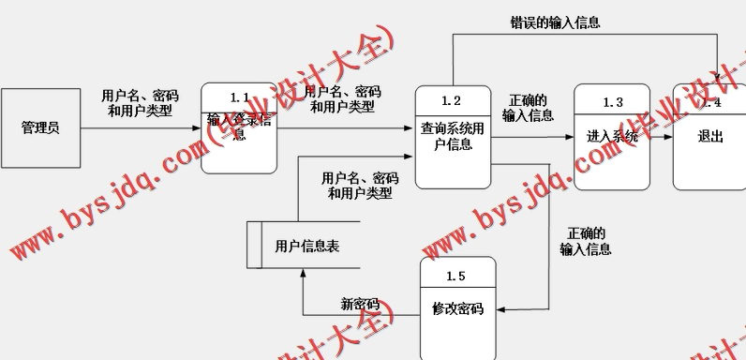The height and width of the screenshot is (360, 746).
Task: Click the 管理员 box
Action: tap(40, 127)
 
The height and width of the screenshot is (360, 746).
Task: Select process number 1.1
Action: tap(239, 98)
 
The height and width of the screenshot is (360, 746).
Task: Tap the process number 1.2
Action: tap(452, 100)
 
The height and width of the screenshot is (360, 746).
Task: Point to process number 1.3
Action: tap(612, 101)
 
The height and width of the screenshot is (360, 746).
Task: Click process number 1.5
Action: tap(456, 276)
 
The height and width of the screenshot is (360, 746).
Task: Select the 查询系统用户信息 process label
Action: tap(453, 137)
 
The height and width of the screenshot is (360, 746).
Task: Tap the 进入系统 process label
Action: tap(612, 137)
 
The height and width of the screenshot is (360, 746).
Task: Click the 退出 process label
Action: tap(710, 137)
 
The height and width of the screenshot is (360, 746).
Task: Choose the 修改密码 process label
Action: tap(457, 307)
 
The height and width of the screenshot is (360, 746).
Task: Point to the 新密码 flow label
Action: tap(359, 304)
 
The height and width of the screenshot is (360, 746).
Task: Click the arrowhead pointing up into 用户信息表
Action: tap(303, 276)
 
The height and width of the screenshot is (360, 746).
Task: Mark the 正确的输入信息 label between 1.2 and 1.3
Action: tap(528, 108)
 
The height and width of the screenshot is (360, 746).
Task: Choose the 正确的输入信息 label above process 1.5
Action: tap(586, 241)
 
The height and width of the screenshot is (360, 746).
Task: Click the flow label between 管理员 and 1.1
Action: tap(140, 102)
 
